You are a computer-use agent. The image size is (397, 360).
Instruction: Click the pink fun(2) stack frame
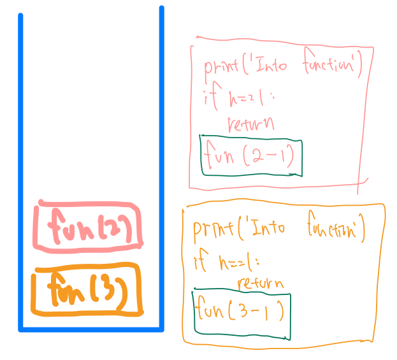[x=89, y=225]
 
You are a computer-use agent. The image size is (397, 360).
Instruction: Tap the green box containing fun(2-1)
[x=251, y=155]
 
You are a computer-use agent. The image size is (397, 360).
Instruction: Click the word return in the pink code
[x=250, y=123]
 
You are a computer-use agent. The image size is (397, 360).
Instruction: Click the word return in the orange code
[x=261, y=283]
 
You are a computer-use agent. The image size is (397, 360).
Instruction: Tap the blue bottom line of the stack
[x=91, y=329]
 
